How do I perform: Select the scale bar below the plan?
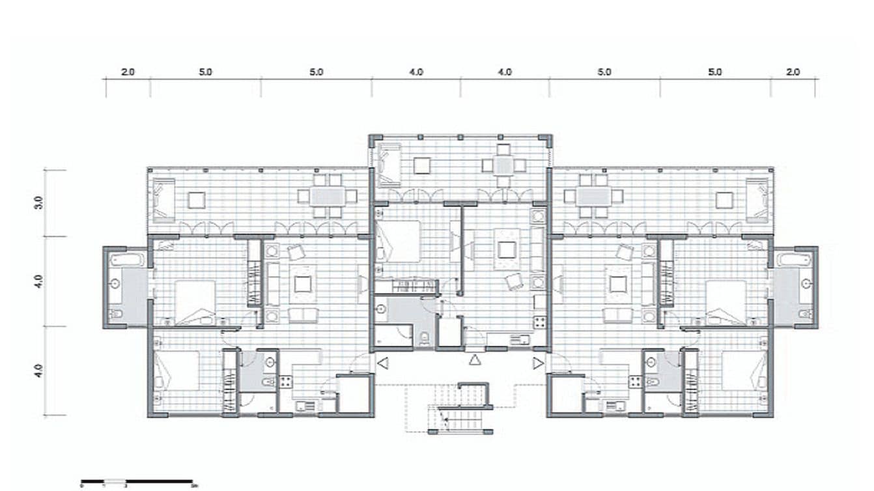(137, 481)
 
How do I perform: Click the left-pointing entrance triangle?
(383, 363)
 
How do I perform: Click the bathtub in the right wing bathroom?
(794, 260)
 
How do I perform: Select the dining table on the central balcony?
(503, 165)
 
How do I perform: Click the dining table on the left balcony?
(324, 196)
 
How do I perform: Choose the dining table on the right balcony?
(593, 196)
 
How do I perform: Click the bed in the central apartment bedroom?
(399, 242)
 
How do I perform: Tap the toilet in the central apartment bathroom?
(425, 337)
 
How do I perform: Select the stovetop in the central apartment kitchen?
(539, 321)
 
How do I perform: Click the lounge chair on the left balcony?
(163, 199)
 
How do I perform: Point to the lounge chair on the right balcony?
(758, 199)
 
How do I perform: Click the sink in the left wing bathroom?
(115, 284)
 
